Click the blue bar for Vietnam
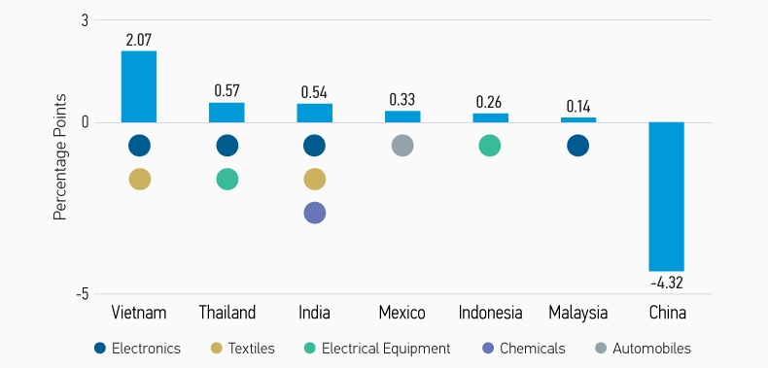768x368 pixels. [x=138, y=86]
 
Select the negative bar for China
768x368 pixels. [x=667, y=196]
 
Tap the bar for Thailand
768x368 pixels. [x=227, y=112]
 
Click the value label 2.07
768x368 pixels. [x=138, y=40]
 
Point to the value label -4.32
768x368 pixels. [x=667, y=283]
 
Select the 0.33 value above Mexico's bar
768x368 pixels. [x=402, y=99]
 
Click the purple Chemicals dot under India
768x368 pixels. [x=314, y=213]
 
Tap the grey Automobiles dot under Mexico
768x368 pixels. [x=402, y=146]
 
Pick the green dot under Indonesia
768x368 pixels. [x=490, y=146]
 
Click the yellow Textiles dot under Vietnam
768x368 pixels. [x=139, y=179]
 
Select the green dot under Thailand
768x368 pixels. [x=227, y=179]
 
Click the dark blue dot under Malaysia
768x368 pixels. [x=578, y=146]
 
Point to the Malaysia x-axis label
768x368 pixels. [x=578, y=313]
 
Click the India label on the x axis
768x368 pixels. [x=314, y=313]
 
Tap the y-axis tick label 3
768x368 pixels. [x=85, y=20]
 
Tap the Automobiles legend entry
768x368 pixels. [x=646, y=348]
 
